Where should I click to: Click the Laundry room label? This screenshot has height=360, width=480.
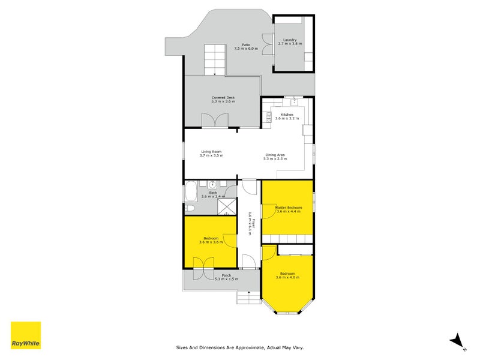click(x=290, y=40)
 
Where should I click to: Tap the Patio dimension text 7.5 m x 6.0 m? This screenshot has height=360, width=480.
click(x=246, y=48)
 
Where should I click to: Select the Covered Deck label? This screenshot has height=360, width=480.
click(x=223, y=97)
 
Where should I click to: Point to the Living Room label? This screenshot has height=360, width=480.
click(x=211, y=152)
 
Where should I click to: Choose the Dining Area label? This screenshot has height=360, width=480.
click(x=276, y=155)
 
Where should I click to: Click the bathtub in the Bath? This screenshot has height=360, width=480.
click(x=190, y=193)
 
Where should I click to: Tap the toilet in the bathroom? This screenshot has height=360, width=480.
click(x=188, y=208)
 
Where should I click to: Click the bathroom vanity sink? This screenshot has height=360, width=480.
click(x=213, y=184)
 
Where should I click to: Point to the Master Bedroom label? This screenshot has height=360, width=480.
click(x=288, y=208)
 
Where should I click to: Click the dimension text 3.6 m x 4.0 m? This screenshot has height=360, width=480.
click(x=286, y=277)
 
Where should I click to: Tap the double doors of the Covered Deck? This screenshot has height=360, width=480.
click(x=214, y=121)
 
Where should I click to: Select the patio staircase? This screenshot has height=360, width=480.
click(x=212, y=59)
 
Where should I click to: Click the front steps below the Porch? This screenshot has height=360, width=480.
click(x=245, y=296)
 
